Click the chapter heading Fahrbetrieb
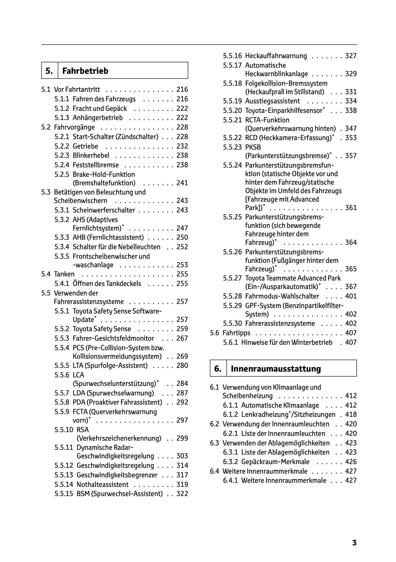click(85, 71)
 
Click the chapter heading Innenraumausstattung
click(276, 369)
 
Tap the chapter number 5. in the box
click(49, 71)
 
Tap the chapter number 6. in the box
click(218, 369)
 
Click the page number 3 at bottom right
click(354, 543)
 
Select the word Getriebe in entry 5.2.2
click(85, 146)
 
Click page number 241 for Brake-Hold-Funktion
click(182, 183)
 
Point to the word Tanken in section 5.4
click(64, 274)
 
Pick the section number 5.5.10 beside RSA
click(64, 430)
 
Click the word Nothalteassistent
click(103, 484)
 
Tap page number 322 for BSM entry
click(182, 494)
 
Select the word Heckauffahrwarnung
click(276, 56)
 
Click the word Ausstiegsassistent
click(273, 101)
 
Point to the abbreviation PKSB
click(253, 147)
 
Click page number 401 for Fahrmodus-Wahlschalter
click(351, 296)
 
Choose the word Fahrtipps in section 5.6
click(237, 333)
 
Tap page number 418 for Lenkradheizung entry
click(351, 414)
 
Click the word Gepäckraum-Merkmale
click(275, 462)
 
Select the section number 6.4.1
click(231, 480)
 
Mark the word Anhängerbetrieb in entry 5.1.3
click(98, 118)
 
